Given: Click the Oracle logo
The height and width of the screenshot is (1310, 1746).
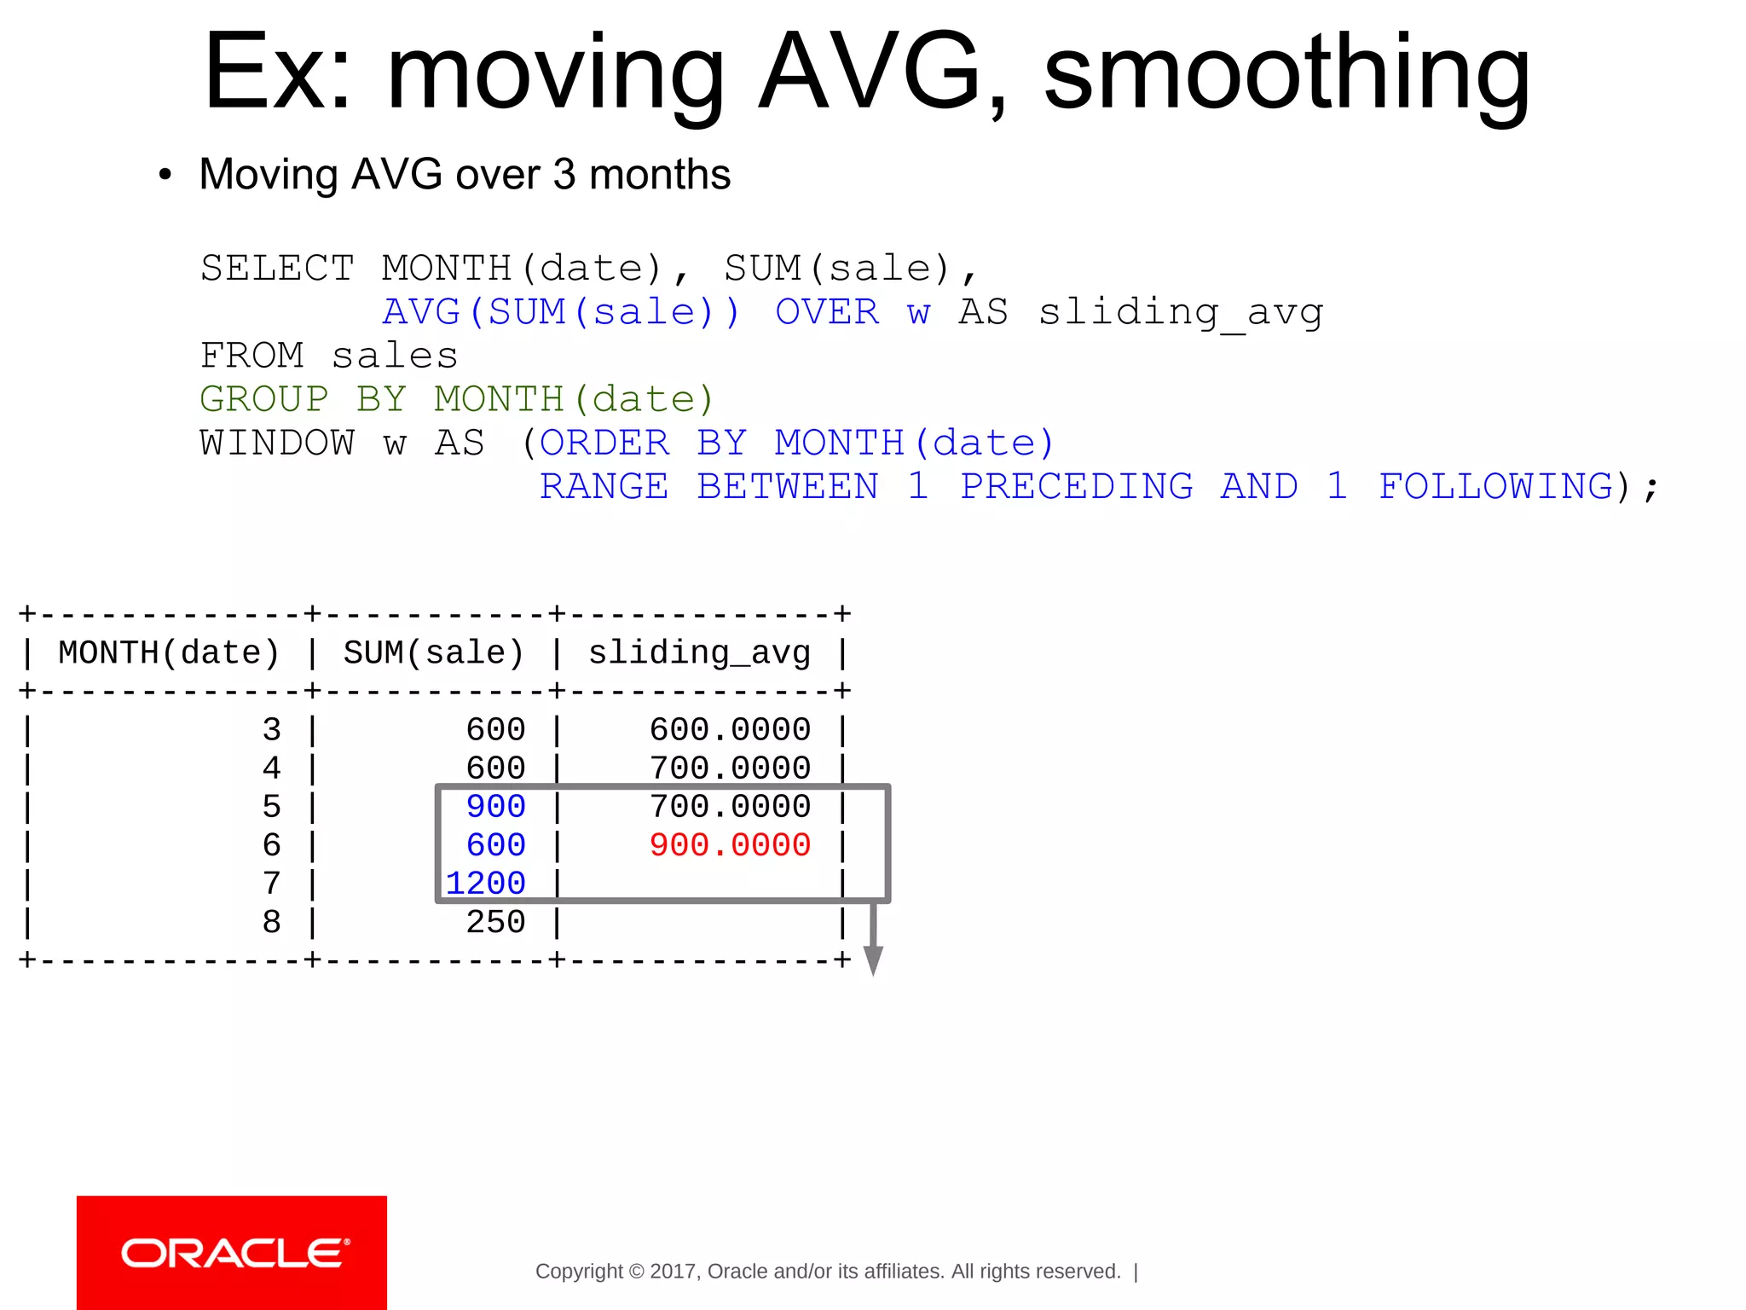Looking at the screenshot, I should [232, 1253].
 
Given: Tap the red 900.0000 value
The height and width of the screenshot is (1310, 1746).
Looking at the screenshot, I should [730, 845].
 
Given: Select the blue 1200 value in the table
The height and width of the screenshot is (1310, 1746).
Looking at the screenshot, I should [486, 884].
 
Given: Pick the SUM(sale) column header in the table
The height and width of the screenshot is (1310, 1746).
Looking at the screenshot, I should [434, 653].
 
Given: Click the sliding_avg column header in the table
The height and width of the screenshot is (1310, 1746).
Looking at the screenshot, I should [699, 653].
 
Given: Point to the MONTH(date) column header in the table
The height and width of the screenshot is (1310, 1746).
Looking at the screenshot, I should [169, 653].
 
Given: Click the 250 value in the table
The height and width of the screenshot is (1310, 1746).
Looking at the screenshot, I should [495, 922].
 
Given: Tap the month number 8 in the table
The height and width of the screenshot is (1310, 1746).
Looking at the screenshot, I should [271, 922].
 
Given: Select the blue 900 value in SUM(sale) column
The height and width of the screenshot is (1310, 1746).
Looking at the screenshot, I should [495, 807].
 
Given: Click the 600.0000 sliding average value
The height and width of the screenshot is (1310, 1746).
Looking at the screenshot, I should [730, 730].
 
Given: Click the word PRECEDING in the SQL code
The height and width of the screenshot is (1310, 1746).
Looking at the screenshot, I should [1077, 487].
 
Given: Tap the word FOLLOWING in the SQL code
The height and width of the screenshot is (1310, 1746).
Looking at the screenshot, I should [1496, 487].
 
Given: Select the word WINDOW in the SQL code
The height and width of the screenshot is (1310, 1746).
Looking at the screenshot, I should [277, 443].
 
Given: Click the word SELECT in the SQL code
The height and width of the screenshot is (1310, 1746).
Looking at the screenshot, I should [277, 269].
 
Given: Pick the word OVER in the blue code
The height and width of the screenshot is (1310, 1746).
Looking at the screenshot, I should [827, 312].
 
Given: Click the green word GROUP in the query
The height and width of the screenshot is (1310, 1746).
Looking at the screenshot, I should [264, 399].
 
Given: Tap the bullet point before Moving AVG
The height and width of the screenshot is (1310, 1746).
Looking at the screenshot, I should [165, 175].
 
